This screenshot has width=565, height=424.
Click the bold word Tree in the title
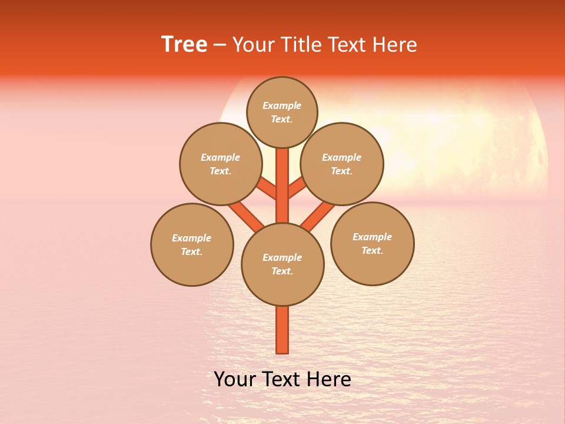184,44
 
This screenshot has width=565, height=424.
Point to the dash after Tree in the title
220,45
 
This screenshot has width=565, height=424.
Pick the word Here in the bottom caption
330,379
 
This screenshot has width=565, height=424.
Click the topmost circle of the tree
282,112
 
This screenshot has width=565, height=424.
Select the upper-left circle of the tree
221,164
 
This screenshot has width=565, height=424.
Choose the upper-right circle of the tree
342,164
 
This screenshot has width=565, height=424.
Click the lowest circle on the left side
192,244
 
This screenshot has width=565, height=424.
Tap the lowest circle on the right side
373,243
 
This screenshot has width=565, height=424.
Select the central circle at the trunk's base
282,264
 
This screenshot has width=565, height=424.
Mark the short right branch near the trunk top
297,188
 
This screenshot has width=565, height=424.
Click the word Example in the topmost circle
282,105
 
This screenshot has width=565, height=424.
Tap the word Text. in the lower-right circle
372,250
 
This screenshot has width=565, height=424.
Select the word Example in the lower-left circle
191,238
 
